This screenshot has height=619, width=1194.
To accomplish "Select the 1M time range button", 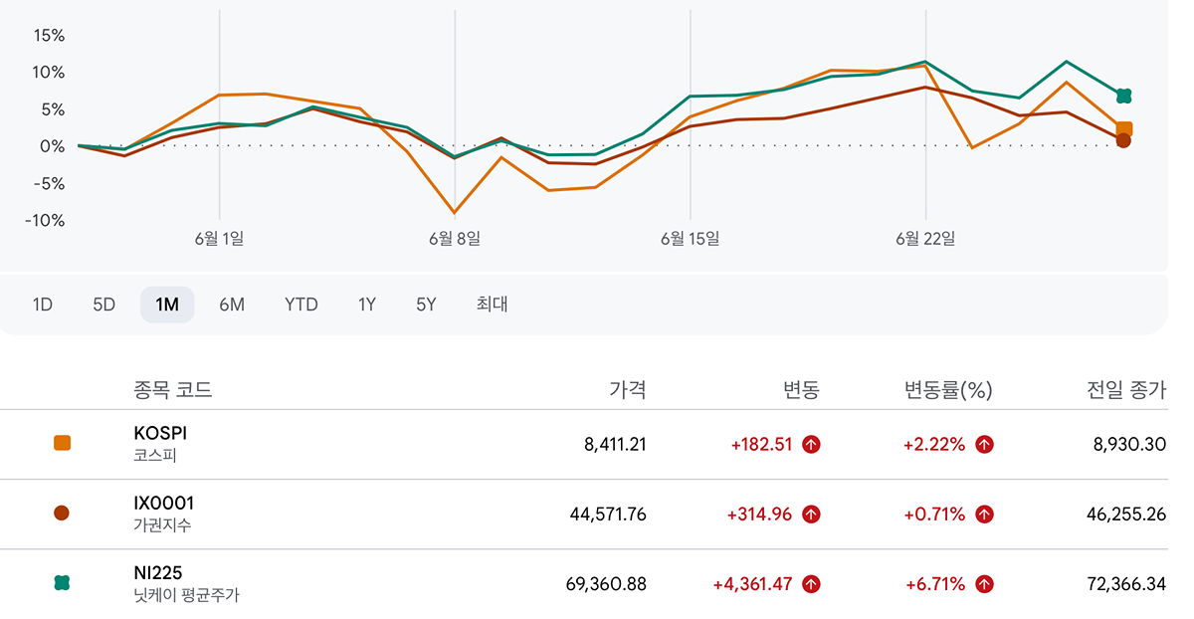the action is click(167, 305).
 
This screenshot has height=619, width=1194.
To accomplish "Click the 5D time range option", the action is click(103, 305).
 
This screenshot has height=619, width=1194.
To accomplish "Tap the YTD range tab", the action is click(301, 305).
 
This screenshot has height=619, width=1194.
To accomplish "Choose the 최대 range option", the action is click(492, 304).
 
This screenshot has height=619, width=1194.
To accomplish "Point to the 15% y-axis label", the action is click(49, 36).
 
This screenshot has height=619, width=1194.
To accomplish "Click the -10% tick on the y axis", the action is click(45, 220).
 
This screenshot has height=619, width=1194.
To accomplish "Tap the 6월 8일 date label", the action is click(455, 238).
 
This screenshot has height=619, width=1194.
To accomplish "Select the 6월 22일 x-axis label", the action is click(925, 238).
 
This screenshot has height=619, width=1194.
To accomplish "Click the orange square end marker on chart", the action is click(1124, 128).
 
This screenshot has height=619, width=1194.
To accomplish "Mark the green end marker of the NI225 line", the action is click(1123, 96).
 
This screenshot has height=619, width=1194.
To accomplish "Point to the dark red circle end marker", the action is click(1123, 140).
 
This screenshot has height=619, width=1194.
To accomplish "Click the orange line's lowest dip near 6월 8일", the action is click(454, 213).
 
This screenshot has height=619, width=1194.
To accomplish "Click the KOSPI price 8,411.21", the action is click(615, 444).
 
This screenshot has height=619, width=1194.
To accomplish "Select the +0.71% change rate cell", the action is click(934, 515).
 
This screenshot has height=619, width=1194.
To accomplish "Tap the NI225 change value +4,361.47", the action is click(752, 584).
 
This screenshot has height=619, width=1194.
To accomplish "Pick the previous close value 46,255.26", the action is click(1126, 515).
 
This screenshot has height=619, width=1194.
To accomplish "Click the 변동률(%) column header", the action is click(948, 390).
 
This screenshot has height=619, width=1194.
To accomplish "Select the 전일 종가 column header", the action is click(1126, 390).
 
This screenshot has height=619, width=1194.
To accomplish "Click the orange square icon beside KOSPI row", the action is click(62, 443).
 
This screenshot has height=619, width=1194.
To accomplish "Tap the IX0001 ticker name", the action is click(163, 503).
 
